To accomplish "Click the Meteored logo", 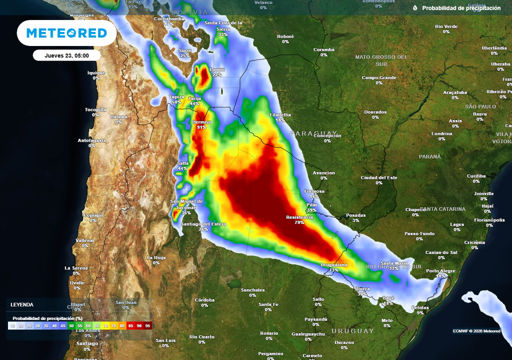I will pos(66,33).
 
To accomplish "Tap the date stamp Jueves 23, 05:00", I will pos(66,55).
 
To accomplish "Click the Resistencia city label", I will pos(299,217).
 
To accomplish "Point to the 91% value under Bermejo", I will pos(202,127).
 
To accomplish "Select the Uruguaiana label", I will pos(333,264).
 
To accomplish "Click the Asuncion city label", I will pos(323,173).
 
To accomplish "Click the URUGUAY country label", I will pos(352,331).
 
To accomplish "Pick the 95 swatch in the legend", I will pos(147,325).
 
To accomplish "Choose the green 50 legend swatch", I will pos(71,325).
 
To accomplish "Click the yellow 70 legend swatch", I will pos(105,325).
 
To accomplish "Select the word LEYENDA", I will pos(22,304).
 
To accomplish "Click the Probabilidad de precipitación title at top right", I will pos(461,8).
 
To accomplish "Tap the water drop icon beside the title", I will pos(415,8).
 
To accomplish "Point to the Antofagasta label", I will pos(91,140).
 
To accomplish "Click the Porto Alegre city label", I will pos(440,271).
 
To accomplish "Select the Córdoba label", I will pos(204,299).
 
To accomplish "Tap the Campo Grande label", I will pos(379,77).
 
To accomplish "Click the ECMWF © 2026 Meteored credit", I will pos(476,331).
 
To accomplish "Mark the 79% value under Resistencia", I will pos(299,223).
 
